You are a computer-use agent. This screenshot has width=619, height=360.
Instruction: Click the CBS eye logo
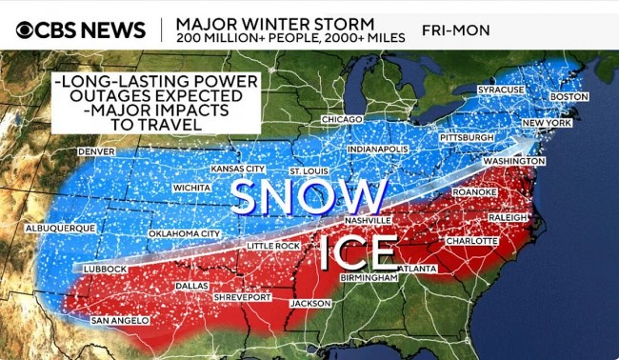[x=25, y=30]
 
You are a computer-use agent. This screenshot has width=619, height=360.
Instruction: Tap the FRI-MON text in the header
[x=456, y=30]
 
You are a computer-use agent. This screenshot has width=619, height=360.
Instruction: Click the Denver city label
[x=96, y=151]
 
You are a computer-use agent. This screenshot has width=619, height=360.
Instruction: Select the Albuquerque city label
[x=60, y=229]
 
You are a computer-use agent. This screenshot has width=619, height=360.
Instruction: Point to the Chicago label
[x=341, y=119]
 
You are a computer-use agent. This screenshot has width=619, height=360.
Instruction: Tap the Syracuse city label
[x=501, y=90]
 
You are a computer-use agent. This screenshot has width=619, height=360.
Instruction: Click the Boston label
[x=569, y=97]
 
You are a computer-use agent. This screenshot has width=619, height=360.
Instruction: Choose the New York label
[x=547, y=124]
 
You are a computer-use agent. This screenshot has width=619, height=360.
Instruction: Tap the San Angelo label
[x=120, y=321]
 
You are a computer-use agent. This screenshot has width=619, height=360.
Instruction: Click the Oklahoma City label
[x=184, y=233]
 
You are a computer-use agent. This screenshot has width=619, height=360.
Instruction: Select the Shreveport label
[x=243, y=297]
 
